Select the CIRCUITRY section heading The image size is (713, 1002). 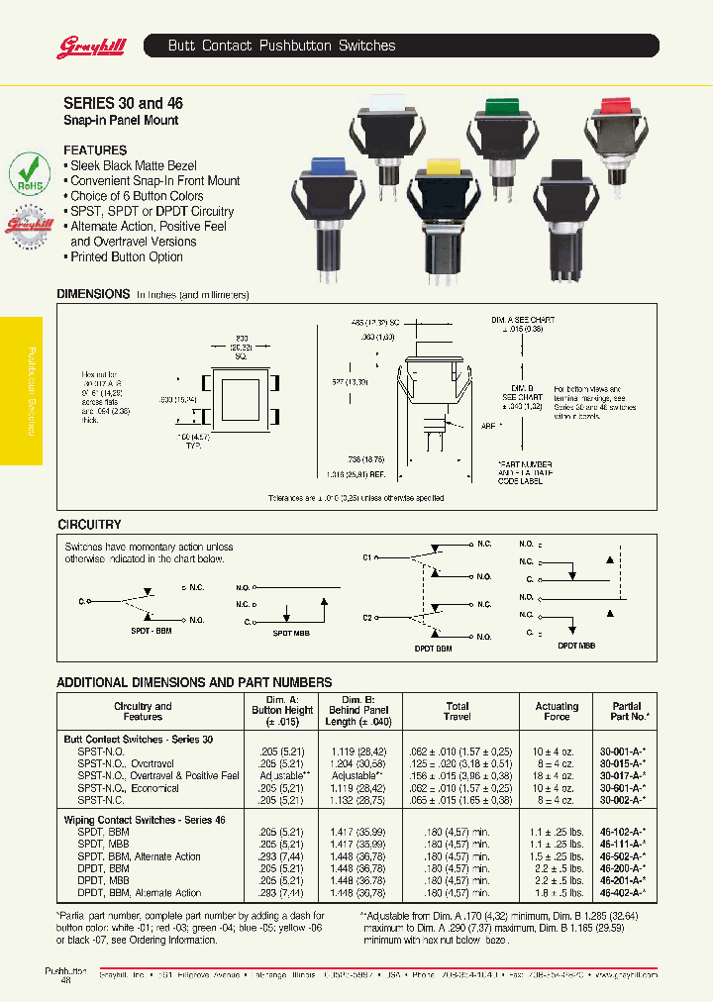pos(89,524)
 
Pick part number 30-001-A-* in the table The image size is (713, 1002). pos(623,751)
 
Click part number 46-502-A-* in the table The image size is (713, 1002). pos(623,856)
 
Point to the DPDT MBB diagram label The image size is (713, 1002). pos(575,645)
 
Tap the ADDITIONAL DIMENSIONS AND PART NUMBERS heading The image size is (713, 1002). pos(194,682)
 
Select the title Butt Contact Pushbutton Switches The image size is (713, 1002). pos(281,46)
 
